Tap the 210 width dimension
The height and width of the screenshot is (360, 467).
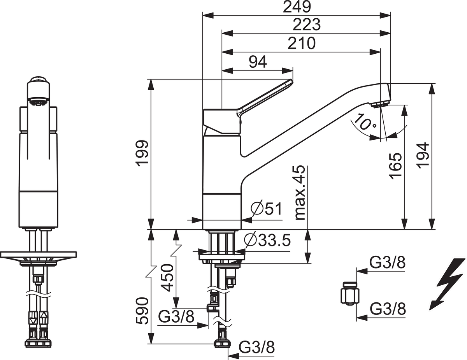click(301, 43)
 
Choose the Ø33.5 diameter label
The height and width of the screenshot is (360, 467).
click(268, 240)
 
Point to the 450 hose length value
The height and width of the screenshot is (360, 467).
click(167, 277)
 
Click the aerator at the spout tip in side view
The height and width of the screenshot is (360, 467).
click(380, 104)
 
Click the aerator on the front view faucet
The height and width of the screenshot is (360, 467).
click(38, 103)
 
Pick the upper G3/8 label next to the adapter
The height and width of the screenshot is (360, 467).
click(387, 263)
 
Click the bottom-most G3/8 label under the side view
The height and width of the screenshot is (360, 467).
click(256, 346)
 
